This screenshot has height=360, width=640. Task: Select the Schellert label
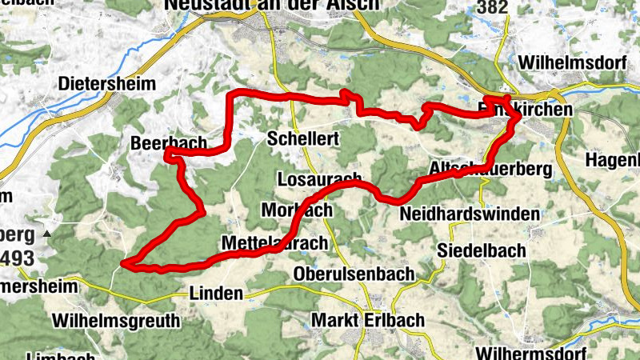coord(304,138)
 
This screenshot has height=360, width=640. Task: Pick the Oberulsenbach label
coord(354,274)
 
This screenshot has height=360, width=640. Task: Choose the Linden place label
coord(216,294)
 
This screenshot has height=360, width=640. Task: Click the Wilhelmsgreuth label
coord(116,321)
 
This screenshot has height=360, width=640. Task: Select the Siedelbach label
coord(482,250)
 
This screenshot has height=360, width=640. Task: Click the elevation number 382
coord(494,7)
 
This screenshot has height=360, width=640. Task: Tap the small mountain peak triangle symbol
coord(47,234)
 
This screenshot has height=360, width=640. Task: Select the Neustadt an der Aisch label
coord(271,5)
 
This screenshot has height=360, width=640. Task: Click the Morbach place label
coord(297,210)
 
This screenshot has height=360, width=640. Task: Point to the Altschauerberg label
coord(490,169)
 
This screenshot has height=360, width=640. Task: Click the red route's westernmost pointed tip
coord(123,262)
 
